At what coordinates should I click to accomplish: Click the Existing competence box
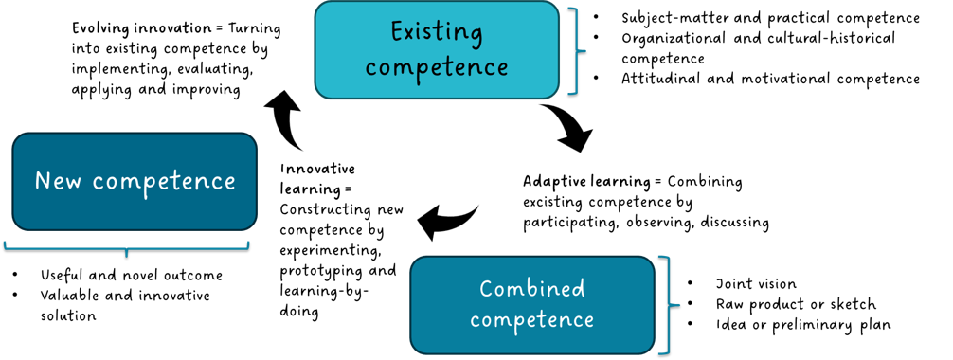436,49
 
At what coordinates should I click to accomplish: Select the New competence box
135,181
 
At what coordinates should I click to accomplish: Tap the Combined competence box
532,305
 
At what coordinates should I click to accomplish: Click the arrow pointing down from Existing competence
567,127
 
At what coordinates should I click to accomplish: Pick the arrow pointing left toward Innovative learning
446,221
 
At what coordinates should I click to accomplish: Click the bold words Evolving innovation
131,28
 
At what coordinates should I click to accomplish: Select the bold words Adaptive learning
583,181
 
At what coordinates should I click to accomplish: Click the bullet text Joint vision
756,283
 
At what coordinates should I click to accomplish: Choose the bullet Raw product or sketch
796,304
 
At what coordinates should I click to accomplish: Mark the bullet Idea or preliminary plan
803,325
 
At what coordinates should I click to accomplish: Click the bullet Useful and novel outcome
132,276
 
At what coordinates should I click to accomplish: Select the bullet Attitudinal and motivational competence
771,79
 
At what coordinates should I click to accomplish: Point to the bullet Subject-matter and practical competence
771,18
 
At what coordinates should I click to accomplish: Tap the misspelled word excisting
551,202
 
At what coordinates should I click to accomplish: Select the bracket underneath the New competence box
126,247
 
